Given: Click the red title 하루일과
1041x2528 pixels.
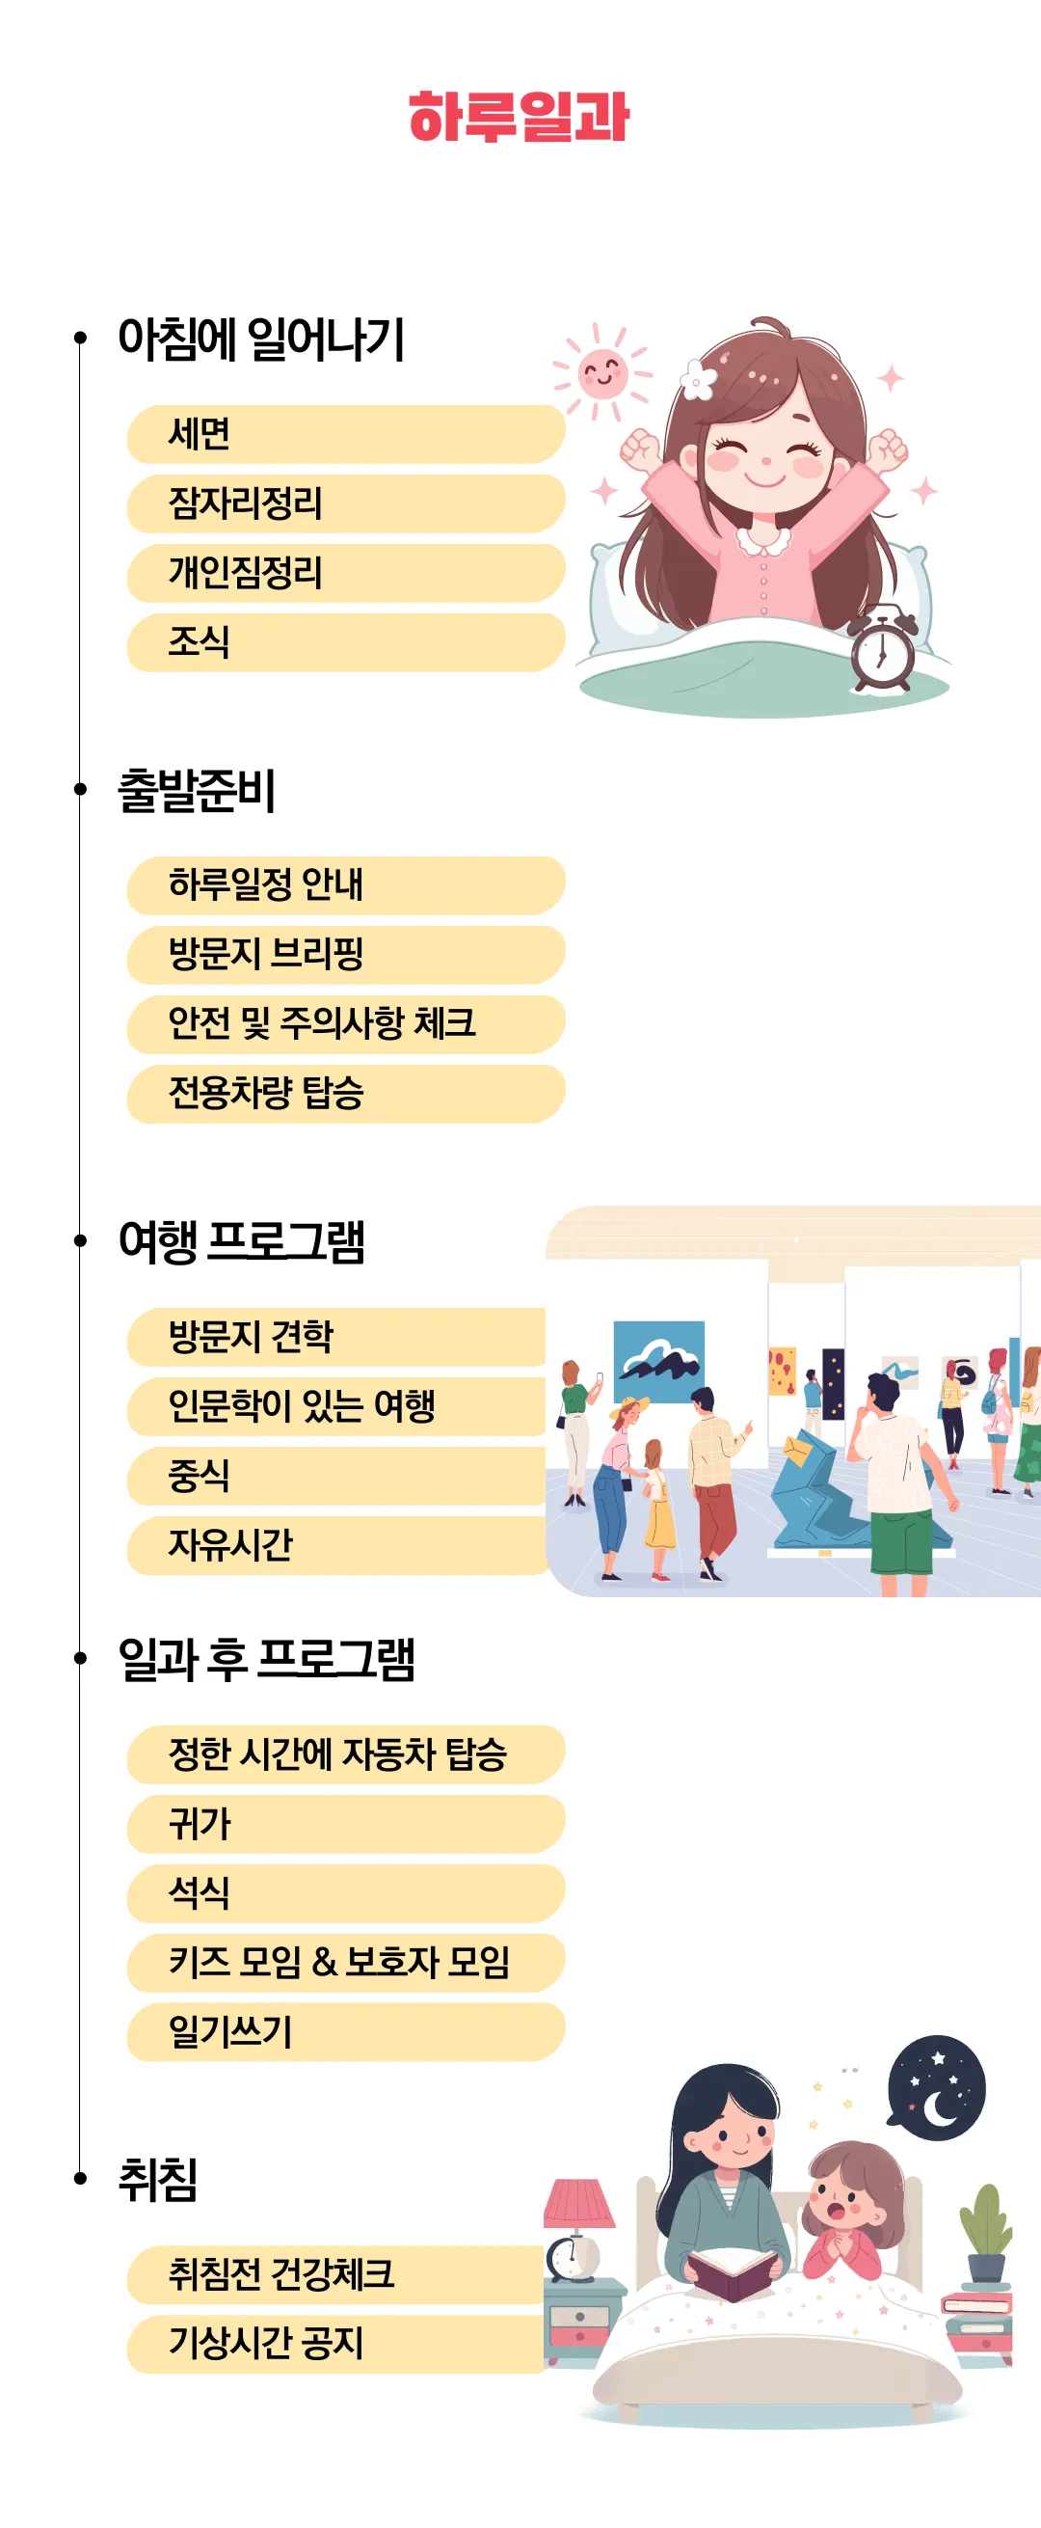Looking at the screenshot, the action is tap(518, 118).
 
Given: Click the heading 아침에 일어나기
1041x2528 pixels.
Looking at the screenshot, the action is tap(261, 340).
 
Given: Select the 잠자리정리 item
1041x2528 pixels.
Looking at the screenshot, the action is tap(345, 503).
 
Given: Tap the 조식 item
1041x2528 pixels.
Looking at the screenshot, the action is tap(345, 642).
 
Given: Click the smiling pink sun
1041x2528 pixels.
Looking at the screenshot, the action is tap(601, 372).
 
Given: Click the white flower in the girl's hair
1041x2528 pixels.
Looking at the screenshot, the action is tap(697, 380).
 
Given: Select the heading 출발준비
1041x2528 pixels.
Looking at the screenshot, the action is tap(197, 790).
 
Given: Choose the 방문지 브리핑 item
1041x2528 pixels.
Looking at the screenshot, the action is tap(345, 955).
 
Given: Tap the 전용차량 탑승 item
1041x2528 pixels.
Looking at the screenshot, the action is tap(345, 1094).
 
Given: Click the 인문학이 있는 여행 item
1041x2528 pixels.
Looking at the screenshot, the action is tap(336, 1406).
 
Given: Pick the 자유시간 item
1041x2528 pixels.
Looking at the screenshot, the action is tap(336, 1546).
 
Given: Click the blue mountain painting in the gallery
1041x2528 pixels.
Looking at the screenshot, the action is tap(658, 1362).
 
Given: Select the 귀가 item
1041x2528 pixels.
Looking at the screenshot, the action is tap(345, 1824).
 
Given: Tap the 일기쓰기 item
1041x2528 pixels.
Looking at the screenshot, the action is tap(345, 2031).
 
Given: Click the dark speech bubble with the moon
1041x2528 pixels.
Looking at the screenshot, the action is tap(936, 2087).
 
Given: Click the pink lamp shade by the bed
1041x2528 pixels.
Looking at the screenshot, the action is tap(580, 2203).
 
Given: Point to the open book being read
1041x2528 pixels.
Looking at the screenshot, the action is tap(734, 2272).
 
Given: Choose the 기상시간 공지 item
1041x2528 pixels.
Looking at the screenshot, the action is tap(334, 2345).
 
